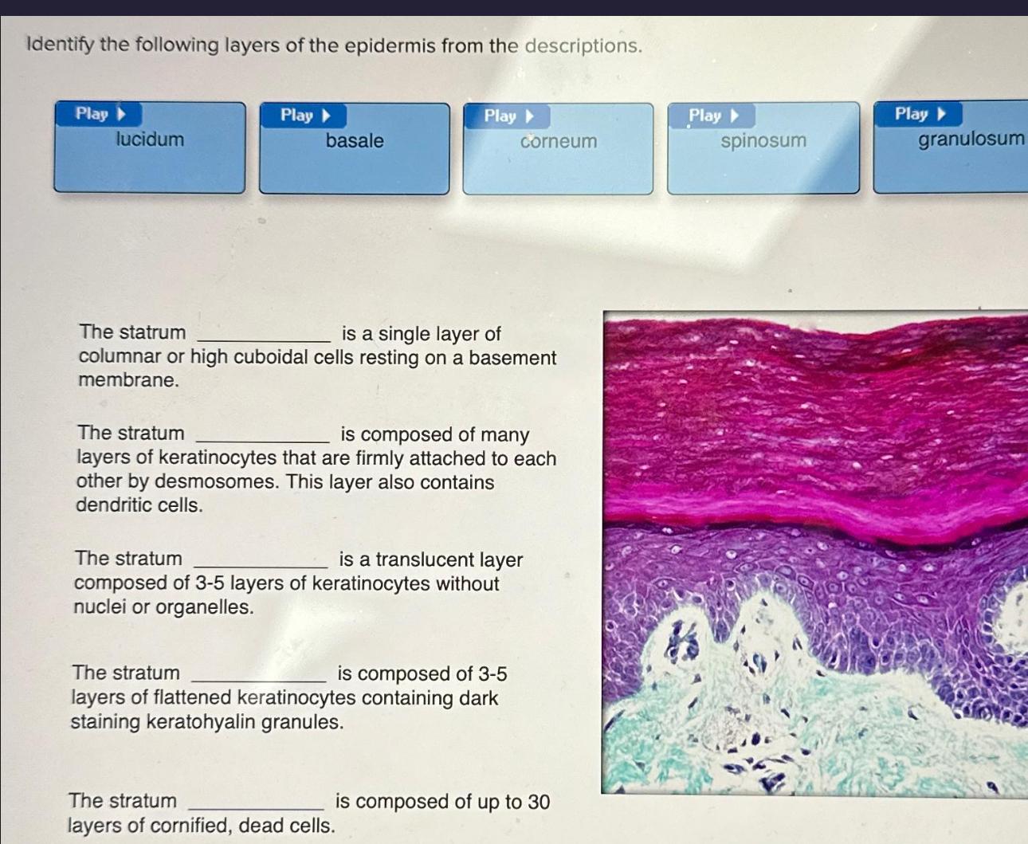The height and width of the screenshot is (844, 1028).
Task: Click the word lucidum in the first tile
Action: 150,139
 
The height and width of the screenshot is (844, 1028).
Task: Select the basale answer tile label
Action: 355,141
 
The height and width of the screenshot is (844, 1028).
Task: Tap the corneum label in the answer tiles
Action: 559,142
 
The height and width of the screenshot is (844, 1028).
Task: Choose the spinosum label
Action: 763,141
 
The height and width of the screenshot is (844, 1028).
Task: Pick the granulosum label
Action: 971,139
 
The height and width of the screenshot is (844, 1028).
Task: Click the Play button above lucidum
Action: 100,114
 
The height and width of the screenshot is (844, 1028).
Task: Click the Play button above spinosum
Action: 713,116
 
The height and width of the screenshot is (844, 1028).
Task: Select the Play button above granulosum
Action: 919,114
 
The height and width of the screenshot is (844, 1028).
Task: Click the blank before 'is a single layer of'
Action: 264,335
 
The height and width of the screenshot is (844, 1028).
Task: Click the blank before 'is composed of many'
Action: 262,435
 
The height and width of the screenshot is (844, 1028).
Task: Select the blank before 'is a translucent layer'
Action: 261,560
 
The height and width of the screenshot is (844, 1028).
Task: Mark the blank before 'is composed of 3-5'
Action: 259,675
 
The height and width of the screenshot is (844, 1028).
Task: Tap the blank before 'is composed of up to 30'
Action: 256,802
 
